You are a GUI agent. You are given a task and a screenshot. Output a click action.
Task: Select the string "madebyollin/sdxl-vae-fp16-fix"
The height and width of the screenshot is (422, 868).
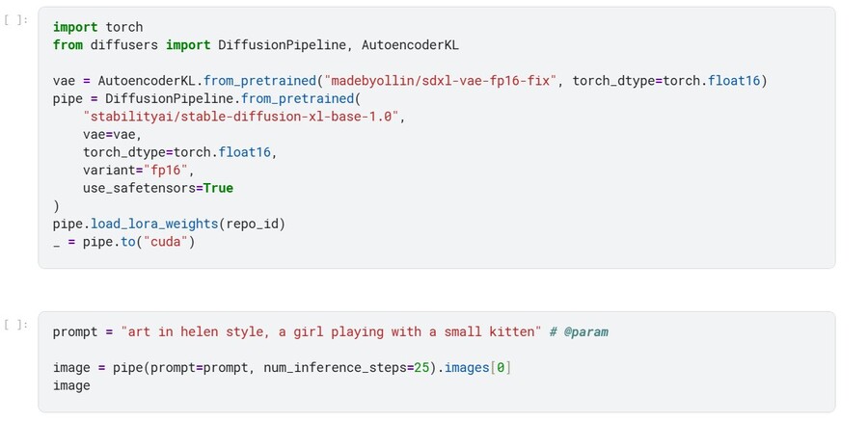tap(442, 81)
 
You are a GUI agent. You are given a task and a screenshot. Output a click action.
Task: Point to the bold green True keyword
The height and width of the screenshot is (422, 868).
tap(218, 188)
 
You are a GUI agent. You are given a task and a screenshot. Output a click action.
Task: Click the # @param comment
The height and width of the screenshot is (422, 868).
tap(579, 331)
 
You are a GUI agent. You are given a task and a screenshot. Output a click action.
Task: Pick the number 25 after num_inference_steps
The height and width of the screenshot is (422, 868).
tap(422, 367)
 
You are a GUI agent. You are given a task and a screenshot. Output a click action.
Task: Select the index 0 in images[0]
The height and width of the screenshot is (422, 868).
tap(501, 367)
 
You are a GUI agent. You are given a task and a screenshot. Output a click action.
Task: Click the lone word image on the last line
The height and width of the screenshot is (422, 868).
tap(71, 385)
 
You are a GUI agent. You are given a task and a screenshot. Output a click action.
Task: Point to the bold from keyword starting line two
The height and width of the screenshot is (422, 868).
tap(68, 44)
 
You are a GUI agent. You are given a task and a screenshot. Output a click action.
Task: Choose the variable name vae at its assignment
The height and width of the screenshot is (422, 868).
tap(64, 81)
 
